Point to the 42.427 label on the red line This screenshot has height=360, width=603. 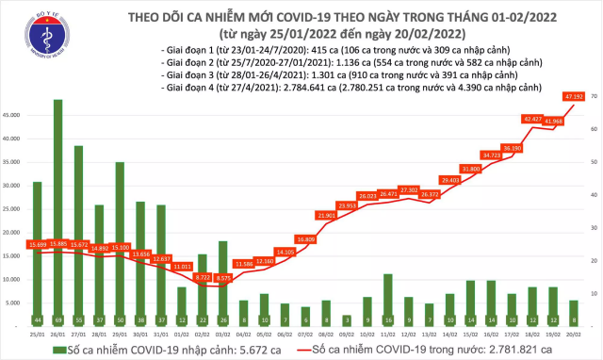pyautogui.click(x=531, y=119)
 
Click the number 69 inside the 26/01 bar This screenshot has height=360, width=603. pyautogui.click(x=58, y=319)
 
